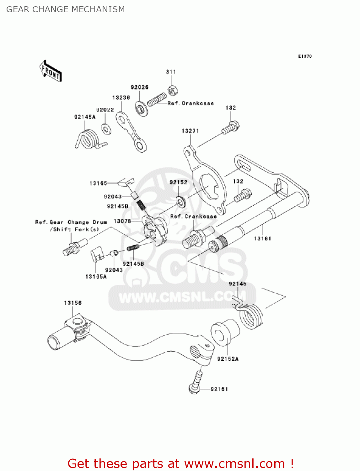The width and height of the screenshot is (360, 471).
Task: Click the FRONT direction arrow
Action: click(51, 71)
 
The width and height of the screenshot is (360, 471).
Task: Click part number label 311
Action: click(171, 72)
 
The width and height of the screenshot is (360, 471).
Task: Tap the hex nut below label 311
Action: click(172, 91)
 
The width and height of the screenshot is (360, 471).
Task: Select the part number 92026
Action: click(139, 87)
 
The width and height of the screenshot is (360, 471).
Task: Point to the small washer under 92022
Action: click(106, 129)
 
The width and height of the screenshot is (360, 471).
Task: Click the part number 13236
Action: click(121, 98)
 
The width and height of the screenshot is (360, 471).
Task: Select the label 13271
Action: click(190, 131)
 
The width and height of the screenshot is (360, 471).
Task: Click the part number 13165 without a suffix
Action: click(98, 183)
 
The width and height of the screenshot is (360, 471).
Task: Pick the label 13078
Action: click(122, 221)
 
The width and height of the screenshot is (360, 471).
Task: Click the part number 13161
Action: click(262, 239)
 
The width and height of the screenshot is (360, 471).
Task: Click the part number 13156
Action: click(73, 303)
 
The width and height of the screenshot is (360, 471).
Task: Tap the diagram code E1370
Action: click(305, 56)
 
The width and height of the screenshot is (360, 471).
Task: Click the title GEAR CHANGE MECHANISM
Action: click(66, 9)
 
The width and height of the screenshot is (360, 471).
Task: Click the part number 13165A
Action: click(96, 277)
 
